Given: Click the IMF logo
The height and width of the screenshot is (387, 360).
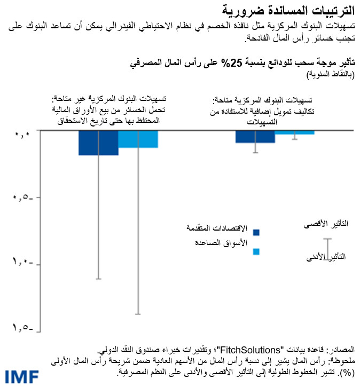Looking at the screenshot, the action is [x=20, y=376].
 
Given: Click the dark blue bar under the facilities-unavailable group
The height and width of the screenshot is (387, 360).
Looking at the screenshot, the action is [x=98, y=143].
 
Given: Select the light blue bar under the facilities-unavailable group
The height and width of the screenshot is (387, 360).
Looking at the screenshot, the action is [x=138, y=139].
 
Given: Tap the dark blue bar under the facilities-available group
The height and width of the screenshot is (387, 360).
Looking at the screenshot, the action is [x=255, y=137].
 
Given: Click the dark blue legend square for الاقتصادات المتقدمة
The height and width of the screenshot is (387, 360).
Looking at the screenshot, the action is [x=256, y=232].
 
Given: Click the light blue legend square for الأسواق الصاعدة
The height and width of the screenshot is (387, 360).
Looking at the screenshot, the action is [x=256, y=251].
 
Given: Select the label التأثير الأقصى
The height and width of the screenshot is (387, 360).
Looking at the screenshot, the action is [x=322, y=226].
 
